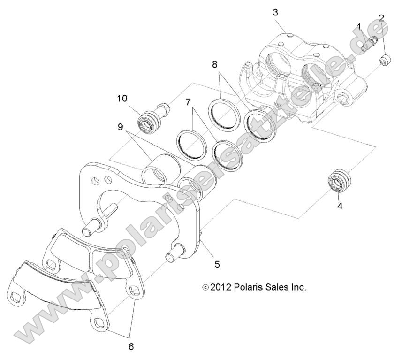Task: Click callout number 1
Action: (359, 27)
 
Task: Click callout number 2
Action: (382, 18)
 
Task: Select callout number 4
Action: (340, 206)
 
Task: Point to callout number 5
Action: (217, 264)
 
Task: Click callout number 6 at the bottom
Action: (131, 347)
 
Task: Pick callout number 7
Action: (188, 101)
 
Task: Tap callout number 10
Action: (122, 99)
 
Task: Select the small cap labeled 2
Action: (386, 61)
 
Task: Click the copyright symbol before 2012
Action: (205, 287)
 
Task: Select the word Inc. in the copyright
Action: (297, 287)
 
